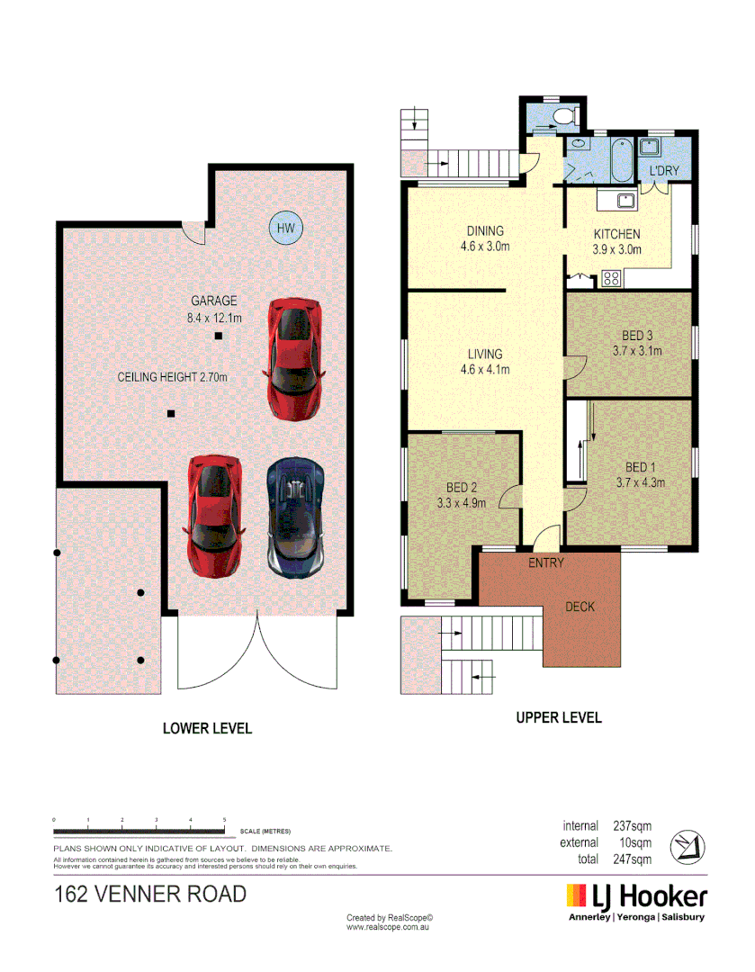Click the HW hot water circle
pos(286,228)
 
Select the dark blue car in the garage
pos(294,517)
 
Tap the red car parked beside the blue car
pos(214,517)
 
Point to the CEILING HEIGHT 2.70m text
pos(173,378)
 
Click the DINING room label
pos(485,231)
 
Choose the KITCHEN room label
pos(616,234)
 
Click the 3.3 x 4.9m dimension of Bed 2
pos(462,503)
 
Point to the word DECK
pos(580,607)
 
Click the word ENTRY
pos(546,563)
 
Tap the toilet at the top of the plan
pos(565,116)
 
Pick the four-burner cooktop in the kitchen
pos(612,278)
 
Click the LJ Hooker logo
pos(636,897)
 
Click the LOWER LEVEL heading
pos(207,728)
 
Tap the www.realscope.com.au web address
pos(388,926)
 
